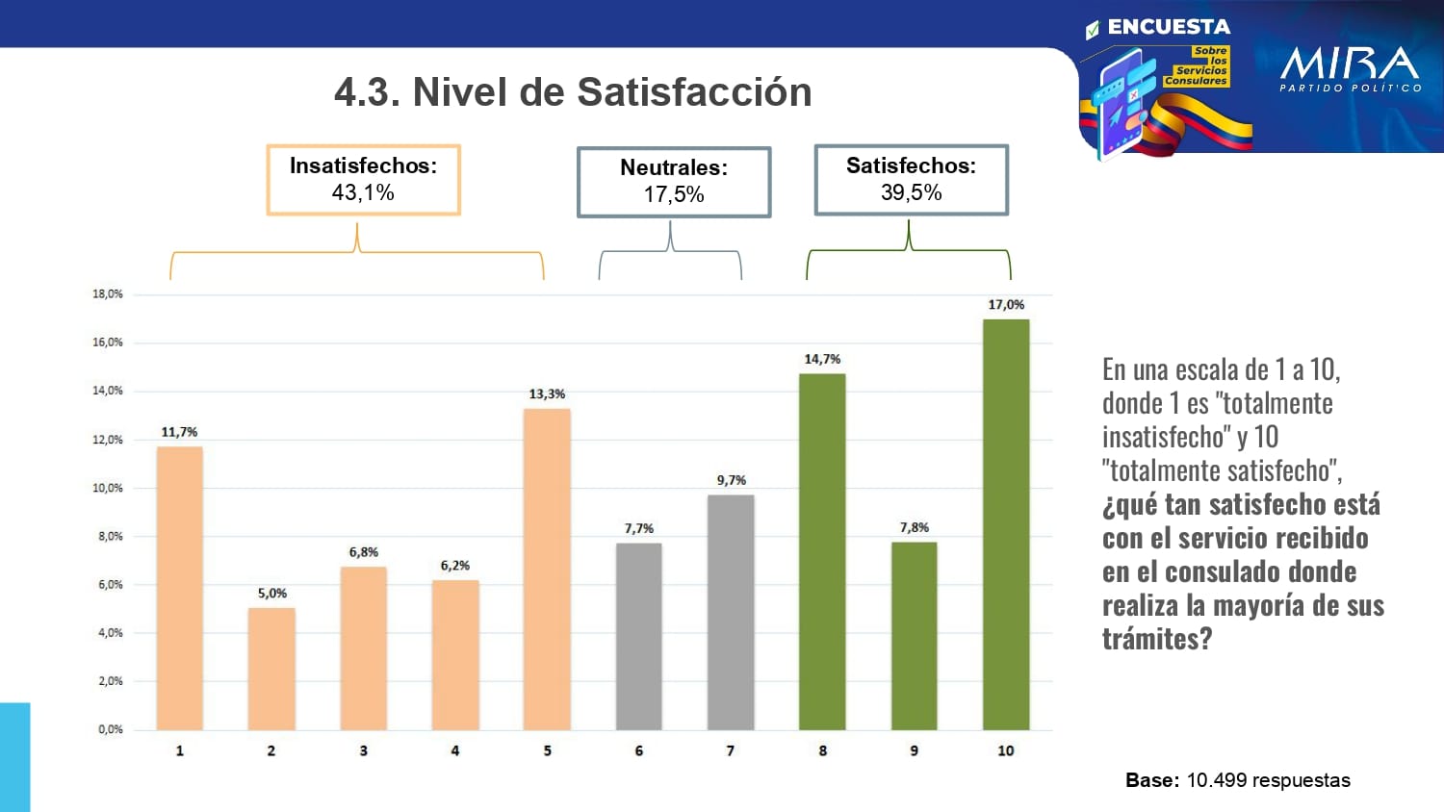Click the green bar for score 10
point(1005,524)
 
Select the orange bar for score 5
point(547,569)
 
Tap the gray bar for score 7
point(731,612)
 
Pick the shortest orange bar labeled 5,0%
point(271,669)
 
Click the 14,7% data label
point(822,359)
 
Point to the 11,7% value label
point(179,432)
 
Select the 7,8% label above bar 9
point(914,527)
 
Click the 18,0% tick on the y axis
point(108,294)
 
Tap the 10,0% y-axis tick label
point(108,488)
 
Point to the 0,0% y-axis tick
point(110,729)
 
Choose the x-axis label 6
point(638,750)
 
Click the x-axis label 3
point(363,750)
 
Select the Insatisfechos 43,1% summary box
point(363,180)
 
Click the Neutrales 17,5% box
point(674,182)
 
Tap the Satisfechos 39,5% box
point(911,180)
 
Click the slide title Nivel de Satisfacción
point(573,92)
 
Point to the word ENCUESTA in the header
point(1168,27)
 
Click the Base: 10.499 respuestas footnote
point(1237,780)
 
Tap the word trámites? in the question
point(1156,639)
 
